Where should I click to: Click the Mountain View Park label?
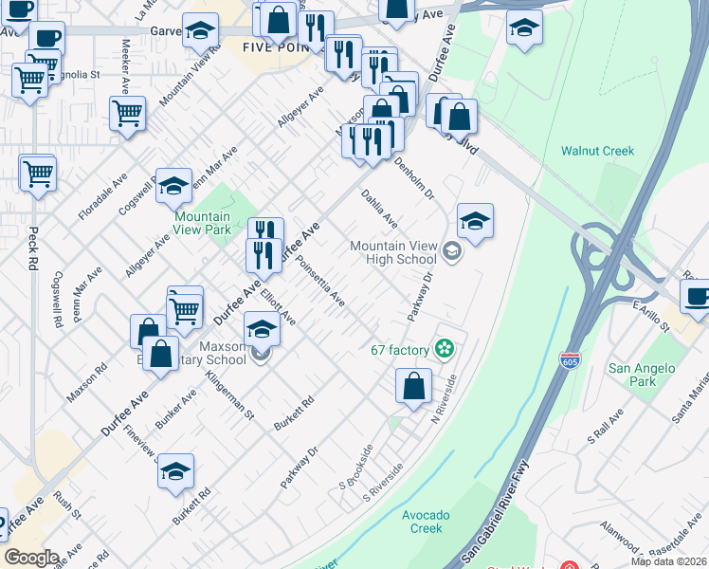click(203, 223)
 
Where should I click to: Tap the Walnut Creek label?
click(597, 151)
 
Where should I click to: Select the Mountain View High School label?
click(392, 252)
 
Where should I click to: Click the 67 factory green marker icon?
click(443, 350)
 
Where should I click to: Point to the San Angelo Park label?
click(643, 375)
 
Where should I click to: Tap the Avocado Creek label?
click(422, 522)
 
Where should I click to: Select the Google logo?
click(31, 558)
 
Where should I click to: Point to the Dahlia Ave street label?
click(379, 209)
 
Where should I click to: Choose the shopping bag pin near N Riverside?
click(413, 386)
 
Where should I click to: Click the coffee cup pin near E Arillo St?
click(698, 296)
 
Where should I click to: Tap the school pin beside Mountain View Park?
click(173, 188)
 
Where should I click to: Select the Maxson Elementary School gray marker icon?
click(261, 356)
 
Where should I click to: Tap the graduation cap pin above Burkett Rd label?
click(175, 471)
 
